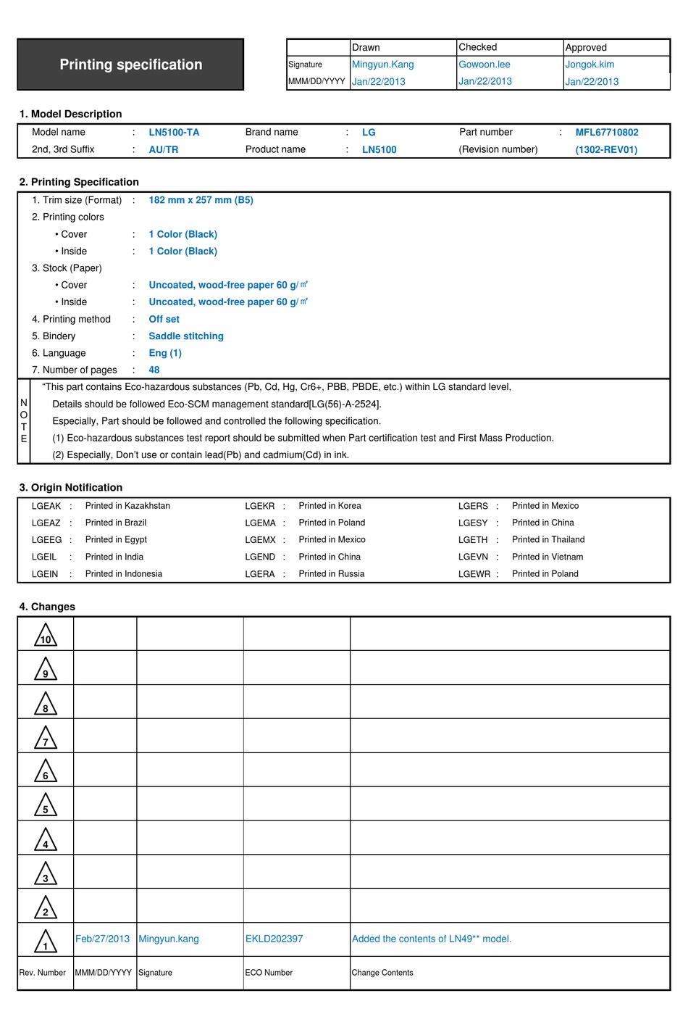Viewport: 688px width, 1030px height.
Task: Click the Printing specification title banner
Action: pos(130,65)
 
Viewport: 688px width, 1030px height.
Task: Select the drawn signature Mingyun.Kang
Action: pos(382,65)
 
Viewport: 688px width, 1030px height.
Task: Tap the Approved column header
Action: pos(586,47)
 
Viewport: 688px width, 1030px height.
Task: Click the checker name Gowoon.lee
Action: pos(484,65)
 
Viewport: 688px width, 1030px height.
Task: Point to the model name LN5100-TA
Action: pos(174,133)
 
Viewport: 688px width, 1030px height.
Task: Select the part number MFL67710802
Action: pos(607,133)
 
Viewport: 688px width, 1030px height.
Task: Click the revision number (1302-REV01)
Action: pos(606,150)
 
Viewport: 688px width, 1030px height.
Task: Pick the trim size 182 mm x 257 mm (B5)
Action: pos(201,200)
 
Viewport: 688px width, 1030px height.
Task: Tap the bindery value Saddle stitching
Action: pos(186,336)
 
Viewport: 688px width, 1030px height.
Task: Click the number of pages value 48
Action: pos(154,370)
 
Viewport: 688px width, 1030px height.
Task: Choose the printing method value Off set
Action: pos(164,319)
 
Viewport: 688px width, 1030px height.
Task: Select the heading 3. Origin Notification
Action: pos(71,488)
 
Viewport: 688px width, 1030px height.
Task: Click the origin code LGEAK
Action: pos(46,506)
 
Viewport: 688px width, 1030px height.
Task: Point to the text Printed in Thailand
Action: pos(548,540)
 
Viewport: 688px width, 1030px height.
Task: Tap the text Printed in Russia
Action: pos(332,574)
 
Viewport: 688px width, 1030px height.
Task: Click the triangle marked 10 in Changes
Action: pos(46,635)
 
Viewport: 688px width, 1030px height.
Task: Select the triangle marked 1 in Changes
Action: pos(46,942)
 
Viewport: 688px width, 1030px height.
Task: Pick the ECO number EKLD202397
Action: pos(274,939)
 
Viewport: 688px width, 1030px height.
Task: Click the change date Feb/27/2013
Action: pos(102,939)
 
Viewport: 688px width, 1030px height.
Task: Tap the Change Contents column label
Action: pos(382,973)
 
